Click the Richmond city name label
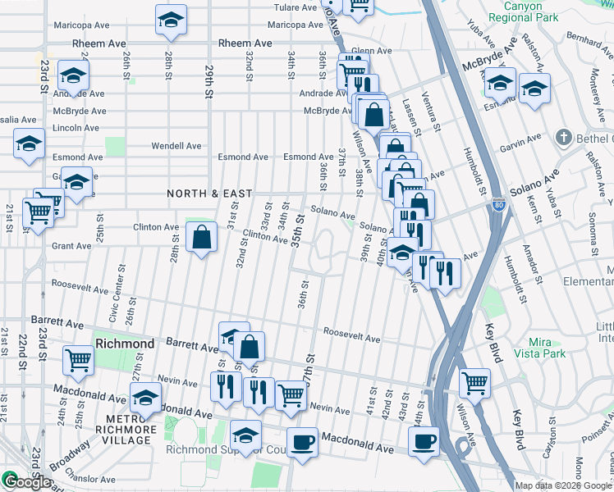124,343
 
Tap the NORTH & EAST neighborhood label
209,194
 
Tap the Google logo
26,482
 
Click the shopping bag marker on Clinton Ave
202,239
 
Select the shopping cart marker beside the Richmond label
78,360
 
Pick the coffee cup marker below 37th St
302,443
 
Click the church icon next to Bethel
562,137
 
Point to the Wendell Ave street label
176,146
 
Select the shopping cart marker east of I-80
474,382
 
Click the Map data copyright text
563,485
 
